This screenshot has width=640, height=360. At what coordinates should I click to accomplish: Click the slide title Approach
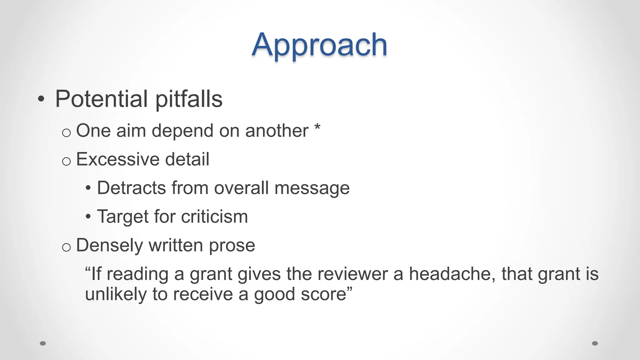pos(319,45)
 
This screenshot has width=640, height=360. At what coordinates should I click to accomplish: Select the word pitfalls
pos(189,100)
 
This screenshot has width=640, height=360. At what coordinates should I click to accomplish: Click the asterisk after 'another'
pos(317,127)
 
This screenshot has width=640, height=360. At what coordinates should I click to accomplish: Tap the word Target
pos(123,217)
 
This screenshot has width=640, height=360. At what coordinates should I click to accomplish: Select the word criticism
pos(214,217)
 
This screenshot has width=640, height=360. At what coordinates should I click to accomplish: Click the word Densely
pos(110,246)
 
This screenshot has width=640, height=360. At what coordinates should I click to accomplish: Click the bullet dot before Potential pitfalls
pos(41,99)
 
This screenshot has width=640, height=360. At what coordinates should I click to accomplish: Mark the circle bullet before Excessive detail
pos(66,162)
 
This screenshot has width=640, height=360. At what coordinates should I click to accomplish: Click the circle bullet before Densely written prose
pos(66,247)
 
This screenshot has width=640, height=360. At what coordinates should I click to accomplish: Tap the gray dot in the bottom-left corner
pos(43,343)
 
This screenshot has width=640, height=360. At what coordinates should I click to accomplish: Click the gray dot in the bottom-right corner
pos(595,343)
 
